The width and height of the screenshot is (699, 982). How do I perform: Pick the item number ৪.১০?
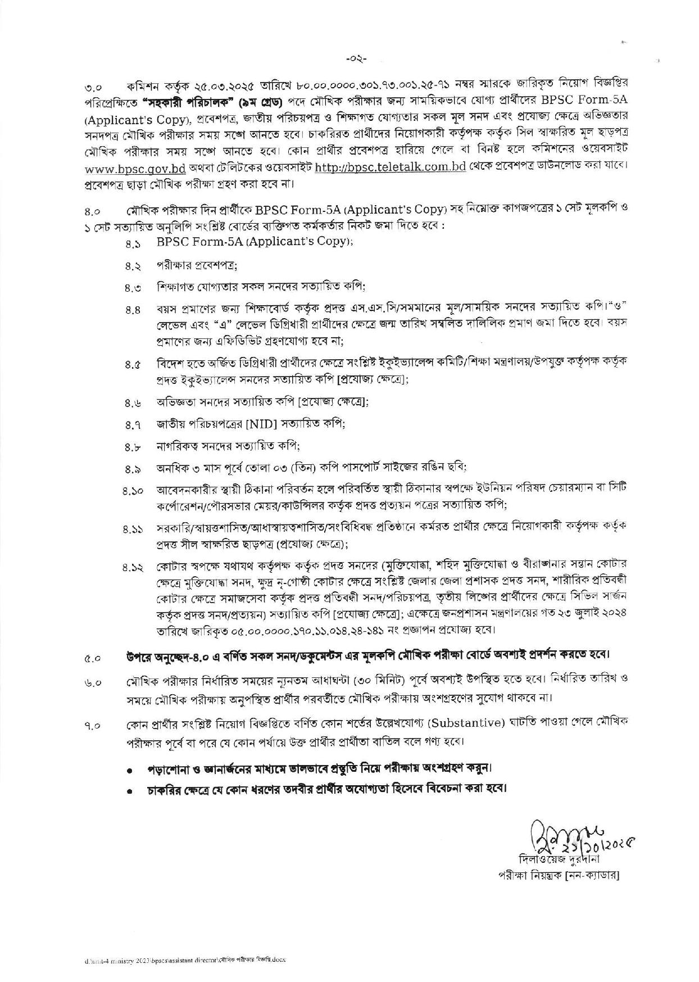tap(135, 491)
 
